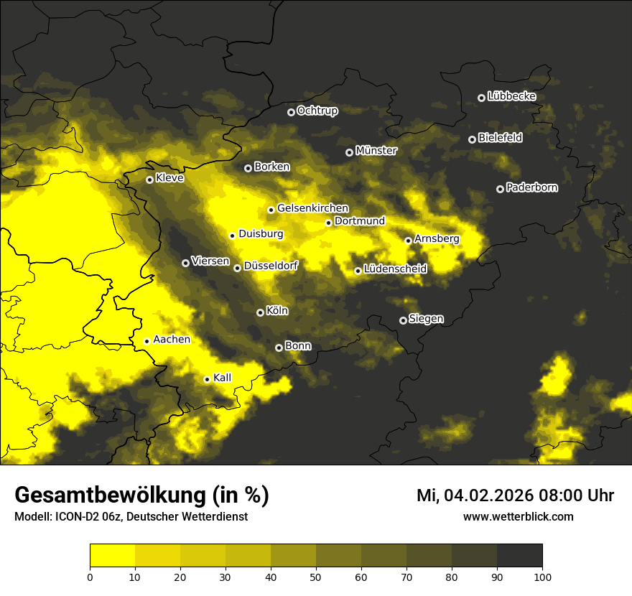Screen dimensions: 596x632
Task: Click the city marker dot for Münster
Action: [x=350, y=152]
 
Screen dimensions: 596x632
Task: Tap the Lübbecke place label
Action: [x=511, y=96]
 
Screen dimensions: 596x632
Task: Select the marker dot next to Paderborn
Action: [x=500, y=189]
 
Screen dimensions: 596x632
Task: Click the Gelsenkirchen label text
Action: [x=312, y=208]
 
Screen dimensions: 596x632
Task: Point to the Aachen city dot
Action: [x=147, y=341]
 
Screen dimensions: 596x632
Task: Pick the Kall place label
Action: [x=223, y=377]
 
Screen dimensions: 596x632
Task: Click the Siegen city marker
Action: [x=403, y=320]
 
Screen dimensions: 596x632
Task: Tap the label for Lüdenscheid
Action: [x=395, y=269]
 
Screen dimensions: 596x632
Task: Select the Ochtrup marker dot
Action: [x=291, y=112]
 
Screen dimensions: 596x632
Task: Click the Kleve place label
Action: [x=169, y=178]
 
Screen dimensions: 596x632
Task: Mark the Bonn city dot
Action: [x=279, y=348]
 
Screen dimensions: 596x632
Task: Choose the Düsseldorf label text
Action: [x=270, y=266]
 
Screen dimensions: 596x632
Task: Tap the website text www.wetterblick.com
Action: [x=518, y=516]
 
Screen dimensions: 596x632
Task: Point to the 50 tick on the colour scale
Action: [x=316, y=576]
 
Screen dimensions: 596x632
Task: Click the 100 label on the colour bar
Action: [x=542, y=576]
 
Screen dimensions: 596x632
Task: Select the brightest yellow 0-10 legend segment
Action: [x=112, y=555]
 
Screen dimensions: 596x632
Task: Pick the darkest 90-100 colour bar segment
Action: [x=519, y=555]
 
